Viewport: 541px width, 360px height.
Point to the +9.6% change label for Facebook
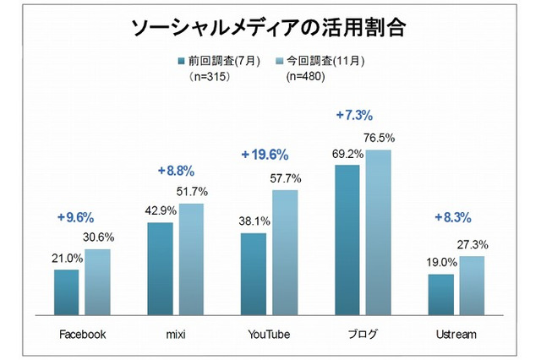pos(78,217)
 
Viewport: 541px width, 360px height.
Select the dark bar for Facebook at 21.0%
pos(67,292)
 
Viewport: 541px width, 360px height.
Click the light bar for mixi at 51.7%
pos(191,259)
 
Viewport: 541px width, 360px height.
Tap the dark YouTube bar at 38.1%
pos(254,274)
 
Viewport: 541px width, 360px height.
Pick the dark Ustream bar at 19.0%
pos(440,295)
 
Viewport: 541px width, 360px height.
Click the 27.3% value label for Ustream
pos(471,245)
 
